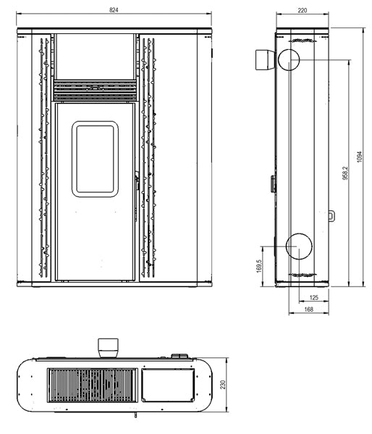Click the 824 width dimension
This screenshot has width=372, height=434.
[x=114, y=11]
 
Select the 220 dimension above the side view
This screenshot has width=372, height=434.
[x=302, y=11]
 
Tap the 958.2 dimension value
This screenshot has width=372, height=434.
[x=345, y=174]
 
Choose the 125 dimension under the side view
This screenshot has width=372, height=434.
[x=313, y=297]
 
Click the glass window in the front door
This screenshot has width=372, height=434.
[x=95, y=159]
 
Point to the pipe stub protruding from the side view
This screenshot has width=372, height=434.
[x=262, y=59]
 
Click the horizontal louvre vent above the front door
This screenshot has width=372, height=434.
[x=95, y=90]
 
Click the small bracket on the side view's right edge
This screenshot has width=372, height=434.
[x=331, y=215]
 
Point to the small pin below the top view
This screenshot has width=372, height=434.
[x=135, y=414]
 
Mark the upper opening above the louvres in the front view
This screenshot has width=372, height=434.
[x=95, y=56]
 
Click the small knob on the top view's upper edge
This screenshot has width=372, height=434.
[x=177, y=354]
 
